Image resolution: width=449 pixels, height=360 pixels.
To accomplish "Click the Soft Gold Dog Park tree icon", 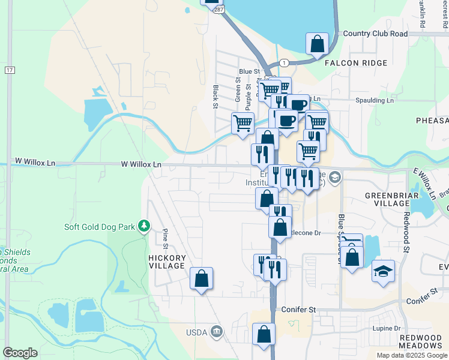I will pyautogui.click(x=143, y=226).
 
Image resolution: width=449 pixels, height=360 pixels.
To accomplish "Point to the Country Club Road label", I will pyautogui.click(x=375, y=34).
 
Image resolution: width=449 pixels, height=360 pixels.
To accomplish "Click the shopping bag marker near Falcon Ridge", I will pyautogui.click(x=317, y=44).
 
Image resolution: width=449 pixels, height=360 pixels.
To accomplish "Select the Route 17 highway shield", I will pyautogui.click(x=9, y=70).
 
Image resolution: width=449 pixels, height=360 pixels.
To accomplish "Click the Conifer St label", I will pyautogui.click(x=298, y=310).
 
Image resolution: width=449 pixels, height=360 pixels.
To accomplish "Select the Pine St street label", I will pyautogui.click(x=165, y=238).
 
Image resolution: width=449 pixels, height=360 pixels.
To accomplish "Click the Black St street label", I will pyautogui.click(x=215, y=97).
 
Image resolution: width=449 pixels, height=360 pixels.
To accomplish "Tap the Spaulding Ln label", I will pyautogui.click(x=375, y=100).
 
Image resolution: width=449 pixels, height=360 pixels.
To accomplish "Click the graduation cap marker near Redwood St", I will pyautogui.click(x=383, y=272).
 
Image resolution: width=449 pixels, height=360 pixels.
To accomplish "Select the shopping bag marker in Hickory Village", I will pyautogui.click(x=201, y=278).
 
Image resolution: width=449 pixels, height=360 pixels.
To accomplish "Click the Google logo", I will pyautogui.click(x=20, y=353).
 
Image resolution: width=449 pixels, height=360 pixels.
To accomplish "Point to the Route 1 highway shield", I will pyautogui.click(x=284, y=62).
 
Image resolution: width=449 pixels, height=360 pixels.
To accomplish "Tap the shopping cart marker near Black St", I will pyautogui.click(x=243, y=124).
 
